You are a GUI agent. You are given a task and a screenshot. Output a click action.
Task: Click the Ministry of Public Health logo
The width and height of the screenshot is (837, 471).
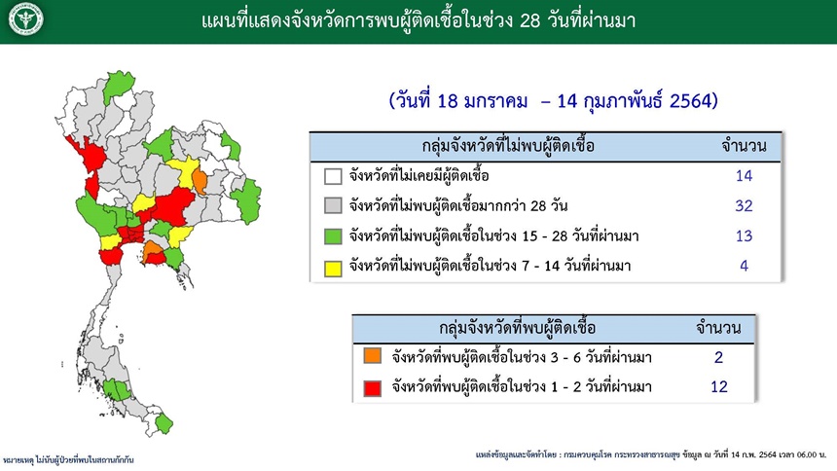pyautogui.click(x=25, y=20)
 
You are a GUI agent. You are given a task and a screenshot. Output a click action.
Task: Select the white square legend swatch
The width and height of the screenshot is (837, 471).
pyautogui.click(x=333, y=176)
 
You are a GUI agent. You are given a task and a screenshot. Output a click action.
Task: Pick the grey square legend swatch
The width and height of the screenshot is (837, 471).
pyautogui.click(x=333, y=206)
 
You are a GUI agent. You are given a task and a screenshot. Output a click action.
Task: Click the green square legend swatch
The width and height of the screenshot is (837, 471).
pyautogui.click(x=333, y=236)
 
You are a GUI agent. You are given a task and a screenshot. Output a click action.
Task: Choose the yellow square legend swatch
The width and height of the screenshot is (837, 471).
pyautogui.click(x=333, y=268)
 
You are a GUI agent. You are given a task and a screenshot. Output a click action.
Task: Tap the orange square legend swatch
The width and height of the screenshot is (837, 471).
pyautogui.click(x=373, y=355)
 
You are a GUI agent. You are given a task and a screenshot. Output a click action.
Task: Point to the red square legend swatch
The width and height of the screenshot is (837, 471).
pyautogui.click(x=373, y=388)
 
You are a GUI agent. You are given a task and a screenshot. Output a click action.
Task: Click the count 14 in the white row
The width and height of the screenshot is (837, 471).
pyautogui.click(x=744, y=176)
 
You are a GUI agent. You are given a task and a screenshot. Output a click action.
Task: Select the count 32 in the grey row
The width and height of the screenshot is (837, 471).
pyautogui.click(x=744, y=205)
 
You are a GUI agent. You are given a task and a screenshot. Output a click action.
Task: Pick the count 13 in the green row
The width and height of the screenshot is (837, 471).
pyautogui.click(x=744, y=235)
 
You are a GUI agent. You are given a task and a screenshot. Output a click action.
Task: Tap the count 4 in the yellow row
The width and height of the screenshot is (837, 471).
pyautogui.click(x=745, y=266)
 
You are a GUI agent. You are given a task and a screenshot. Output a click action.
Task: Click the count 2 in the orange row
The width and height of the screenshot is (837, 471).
pyautogui.click(x=718, y=357)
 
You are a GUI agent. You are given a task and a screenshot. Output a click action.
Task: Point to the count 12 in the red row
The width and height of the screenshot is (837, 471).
pyautogui.click(x=718, y=386)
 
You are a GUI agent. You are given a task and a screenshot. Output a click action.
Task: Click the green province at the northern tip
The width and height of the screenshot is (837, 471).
pyautogui.click(x=118, y=85)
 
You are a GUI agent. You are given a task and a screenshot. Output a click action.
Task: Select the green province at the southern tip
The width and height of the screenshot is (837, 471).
pyautogui.click(x=164, y=423)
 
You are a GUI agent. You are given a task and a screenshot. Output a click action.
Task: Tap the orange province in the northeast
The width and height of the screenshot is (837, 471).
pyautogui.click(x=200, y=181)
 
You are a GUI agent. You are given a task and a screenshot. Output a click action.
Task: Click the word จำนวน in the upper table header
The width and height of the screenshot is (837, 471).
pyautogui.click(x=745, y=145)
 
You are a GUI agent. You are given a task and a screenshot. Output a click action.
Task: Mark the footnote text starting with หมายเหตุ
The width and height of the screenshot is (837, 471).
pyautogui.click(x=68, y=459)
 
